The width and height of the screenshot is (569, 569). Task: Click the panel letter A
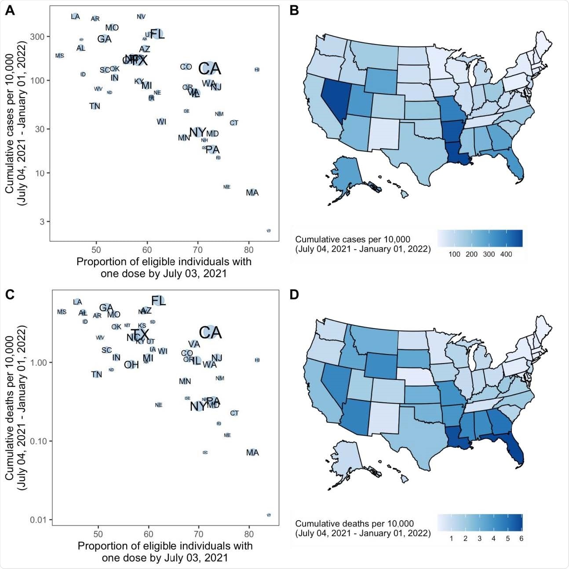pyautogui.click(x=9, y=10)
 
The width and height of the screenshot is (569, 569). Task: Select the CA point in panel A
pyautogui.click(x=209, y=69)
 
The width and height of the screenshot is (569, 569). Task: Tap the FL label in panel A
pyautogui.click(x=157, y=34)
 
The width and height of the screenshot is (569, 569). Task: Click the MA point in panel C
pyautogui.click(x=252, y=452)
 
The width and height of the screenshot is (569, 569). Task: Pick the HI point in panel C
pyautogui.click(x=257, y=360)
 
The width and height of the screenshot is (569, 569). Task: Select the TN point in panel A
pyautogui.click(x=95, y=106)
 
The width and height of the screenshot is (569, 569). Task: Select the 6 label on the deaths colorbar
pyautogui.click(x=522, y=539)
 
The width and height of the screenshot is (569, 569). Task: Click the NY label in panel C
pyautogui.click(x=197, y=407)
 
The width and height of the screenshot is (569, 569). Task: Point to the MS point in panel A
pyautogui.click(x=59, y=56)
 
